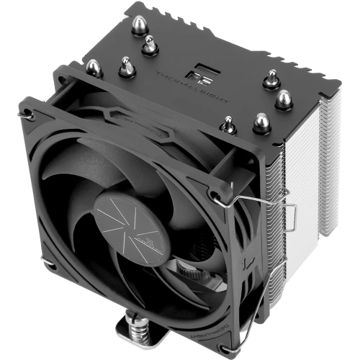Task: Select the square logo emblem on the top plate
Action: click(197, 73)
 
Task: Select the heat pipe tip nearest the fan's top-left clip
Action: click(94, 68)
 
